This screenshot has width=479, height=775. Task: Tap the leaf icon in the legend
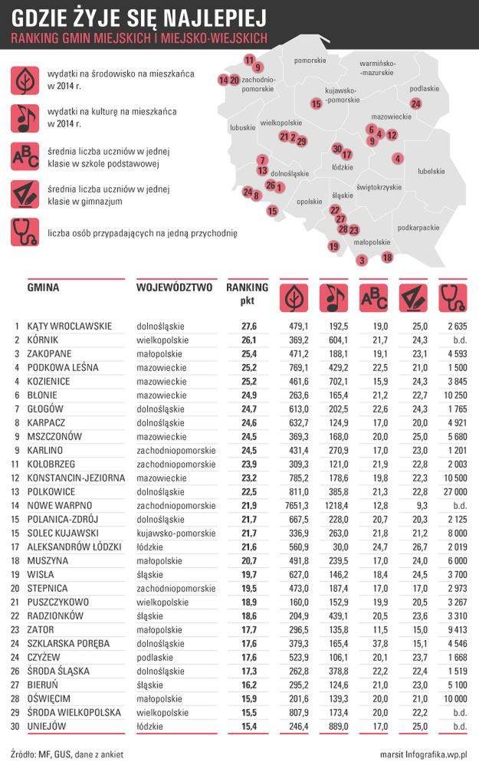click(x=25, y=80)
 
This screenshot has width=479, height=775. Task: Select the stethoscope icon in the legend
click(x=25, y=232)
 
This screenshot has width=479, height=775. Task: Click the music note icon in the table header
click(x=331, y=297)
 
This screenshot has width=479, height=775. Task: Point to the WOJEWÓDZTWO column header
click(x=174, y=288)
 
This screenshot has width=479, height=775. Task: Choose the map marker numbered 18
click(x=387, y=258)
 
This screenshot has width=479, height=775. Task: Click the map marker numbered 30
click(x=336, y=149)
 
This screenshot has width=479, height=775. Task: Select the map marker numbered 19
click(x=333, y=246)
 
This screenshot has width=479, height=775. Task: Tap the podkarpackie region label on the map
click(x=418, y=228)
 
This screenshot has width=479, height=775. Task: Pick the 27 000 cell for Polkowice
click(x=451, y=491)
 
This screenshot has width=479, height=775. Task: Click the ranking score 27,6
click(x=248, y=326)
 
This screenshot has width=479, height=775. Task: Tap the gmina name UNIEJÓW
click(x=47, y=726)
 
